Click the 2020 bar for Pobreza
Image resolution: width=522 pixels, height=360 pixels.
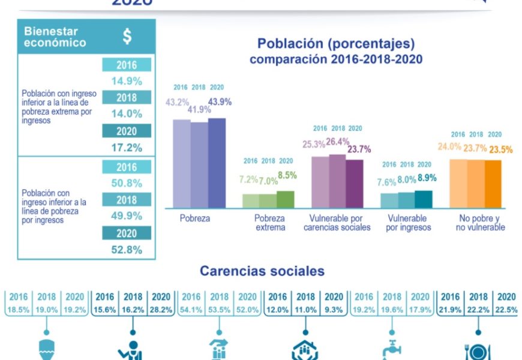coord(217,163)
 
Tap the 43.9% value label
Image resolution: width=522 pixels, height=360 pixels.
coord(220,101)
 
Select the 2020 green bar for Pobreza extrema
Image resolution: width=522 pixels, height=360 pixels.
coord(286,199)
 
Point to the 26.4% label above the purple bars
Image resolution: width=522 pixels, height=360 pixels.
coord(338,142)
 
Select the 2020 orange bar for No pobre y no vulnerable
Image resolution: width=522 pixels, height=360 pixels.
coord(493,184)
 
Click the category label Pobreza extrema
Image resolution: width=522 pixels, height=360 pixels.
coord(269,223)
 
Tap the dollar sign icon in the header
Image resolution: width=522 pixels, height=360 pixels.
coord(127,37)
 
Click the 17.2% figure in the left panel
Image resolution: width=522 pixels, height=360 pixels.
coord(127,147)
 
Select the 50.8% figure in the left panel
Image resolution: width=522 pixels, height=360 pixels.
coord(127,183)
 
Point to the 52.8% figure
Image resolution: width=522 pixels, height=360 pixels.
coord(127,250)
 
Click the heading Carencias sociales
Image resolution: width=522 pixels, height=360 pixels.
coord(262,271)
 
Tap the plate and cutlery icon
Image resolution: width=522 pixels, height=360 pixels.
coord(478,351)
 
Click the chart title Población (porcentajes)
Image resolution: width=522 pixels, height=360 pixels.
coord(335,44)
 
